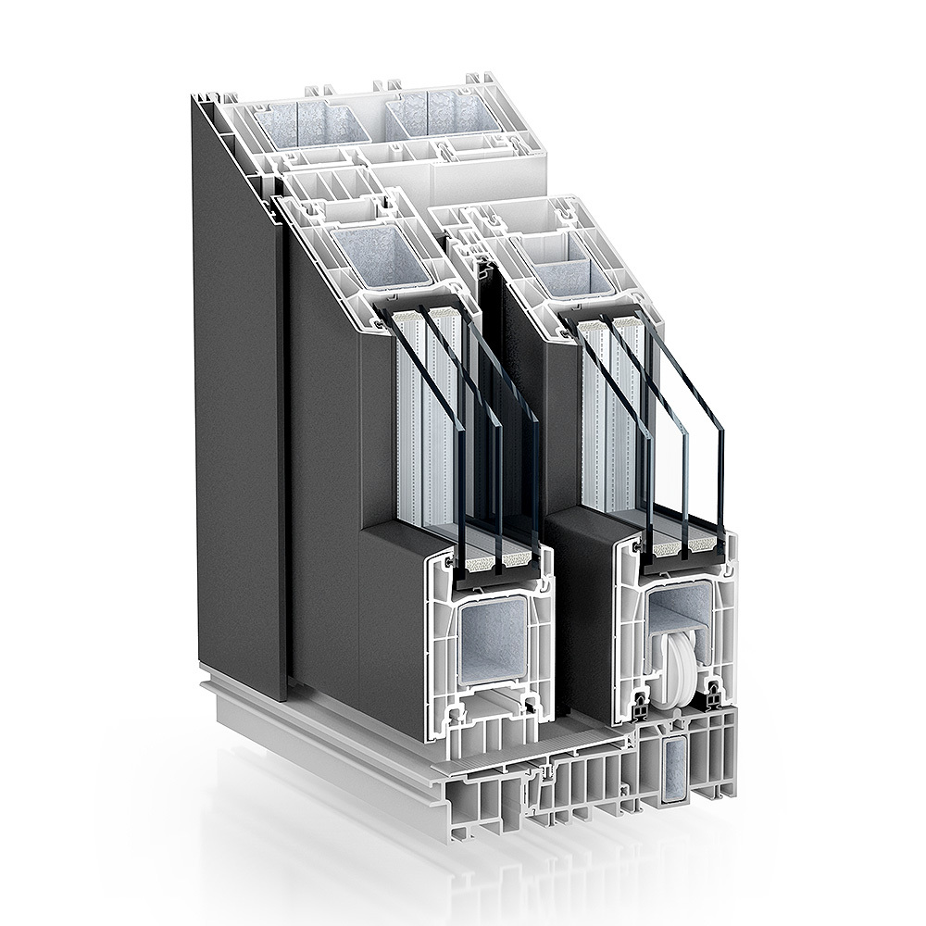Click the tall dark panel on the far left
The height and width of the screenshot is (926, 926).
click(236, 389)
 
